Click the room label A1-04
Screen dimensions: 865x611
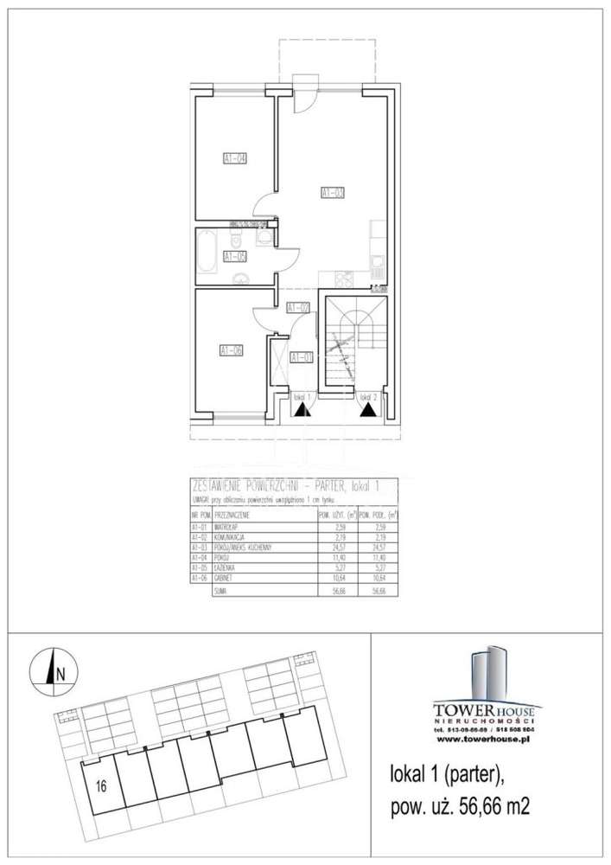pyautogui.click(x=235, y=158)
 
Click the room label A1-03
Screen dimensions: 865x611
pyautogui.click(x=332, y=193)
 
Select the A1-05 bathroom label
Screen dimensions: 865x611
pyautogui.click(x=234, y=256)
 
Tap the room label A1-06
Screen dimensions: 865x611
pyautogui.click(x=231, y=350)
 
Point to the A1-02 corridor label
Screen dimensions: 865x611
pyautogui.click(x=297, y=307)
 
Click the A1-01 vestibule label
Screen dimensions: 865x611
pyautogui.click(x=301, y=356)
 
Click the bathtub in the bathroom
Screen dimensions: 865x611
pyautogui.click(x=207, y=253)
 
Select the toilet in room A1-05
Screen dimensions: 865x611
pyautogui.click(x=265, y=236)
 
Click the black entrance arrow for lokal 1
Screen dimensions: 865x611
pyautogui.click(x=301, y=412)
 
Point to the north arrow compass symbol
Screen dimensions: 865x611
pyautogui.click(x=54, y=670)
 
